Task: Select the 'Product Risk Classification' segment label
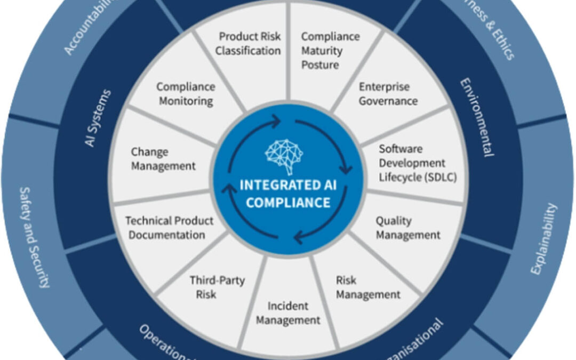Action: (x=250, y=44)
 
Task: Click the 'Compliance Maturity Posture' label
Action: (x=323, y=51)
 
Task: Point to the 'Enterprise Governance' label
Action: (x=388, y=93)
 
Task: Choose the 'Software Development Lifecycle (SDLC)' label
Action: (x=410, y=163)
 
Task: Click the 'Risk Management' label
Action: (x=368, y=287)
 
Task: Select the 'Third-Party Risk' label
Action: (x=210, y=286)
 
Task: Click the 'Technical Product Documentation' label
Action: (x=169, y=228)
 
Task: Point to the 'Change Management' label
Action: (x=163, y=158)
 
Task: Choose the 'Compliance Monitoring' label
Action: (x=186, y=93)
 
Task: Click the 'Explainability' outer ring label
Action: (x=543, y=238)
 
